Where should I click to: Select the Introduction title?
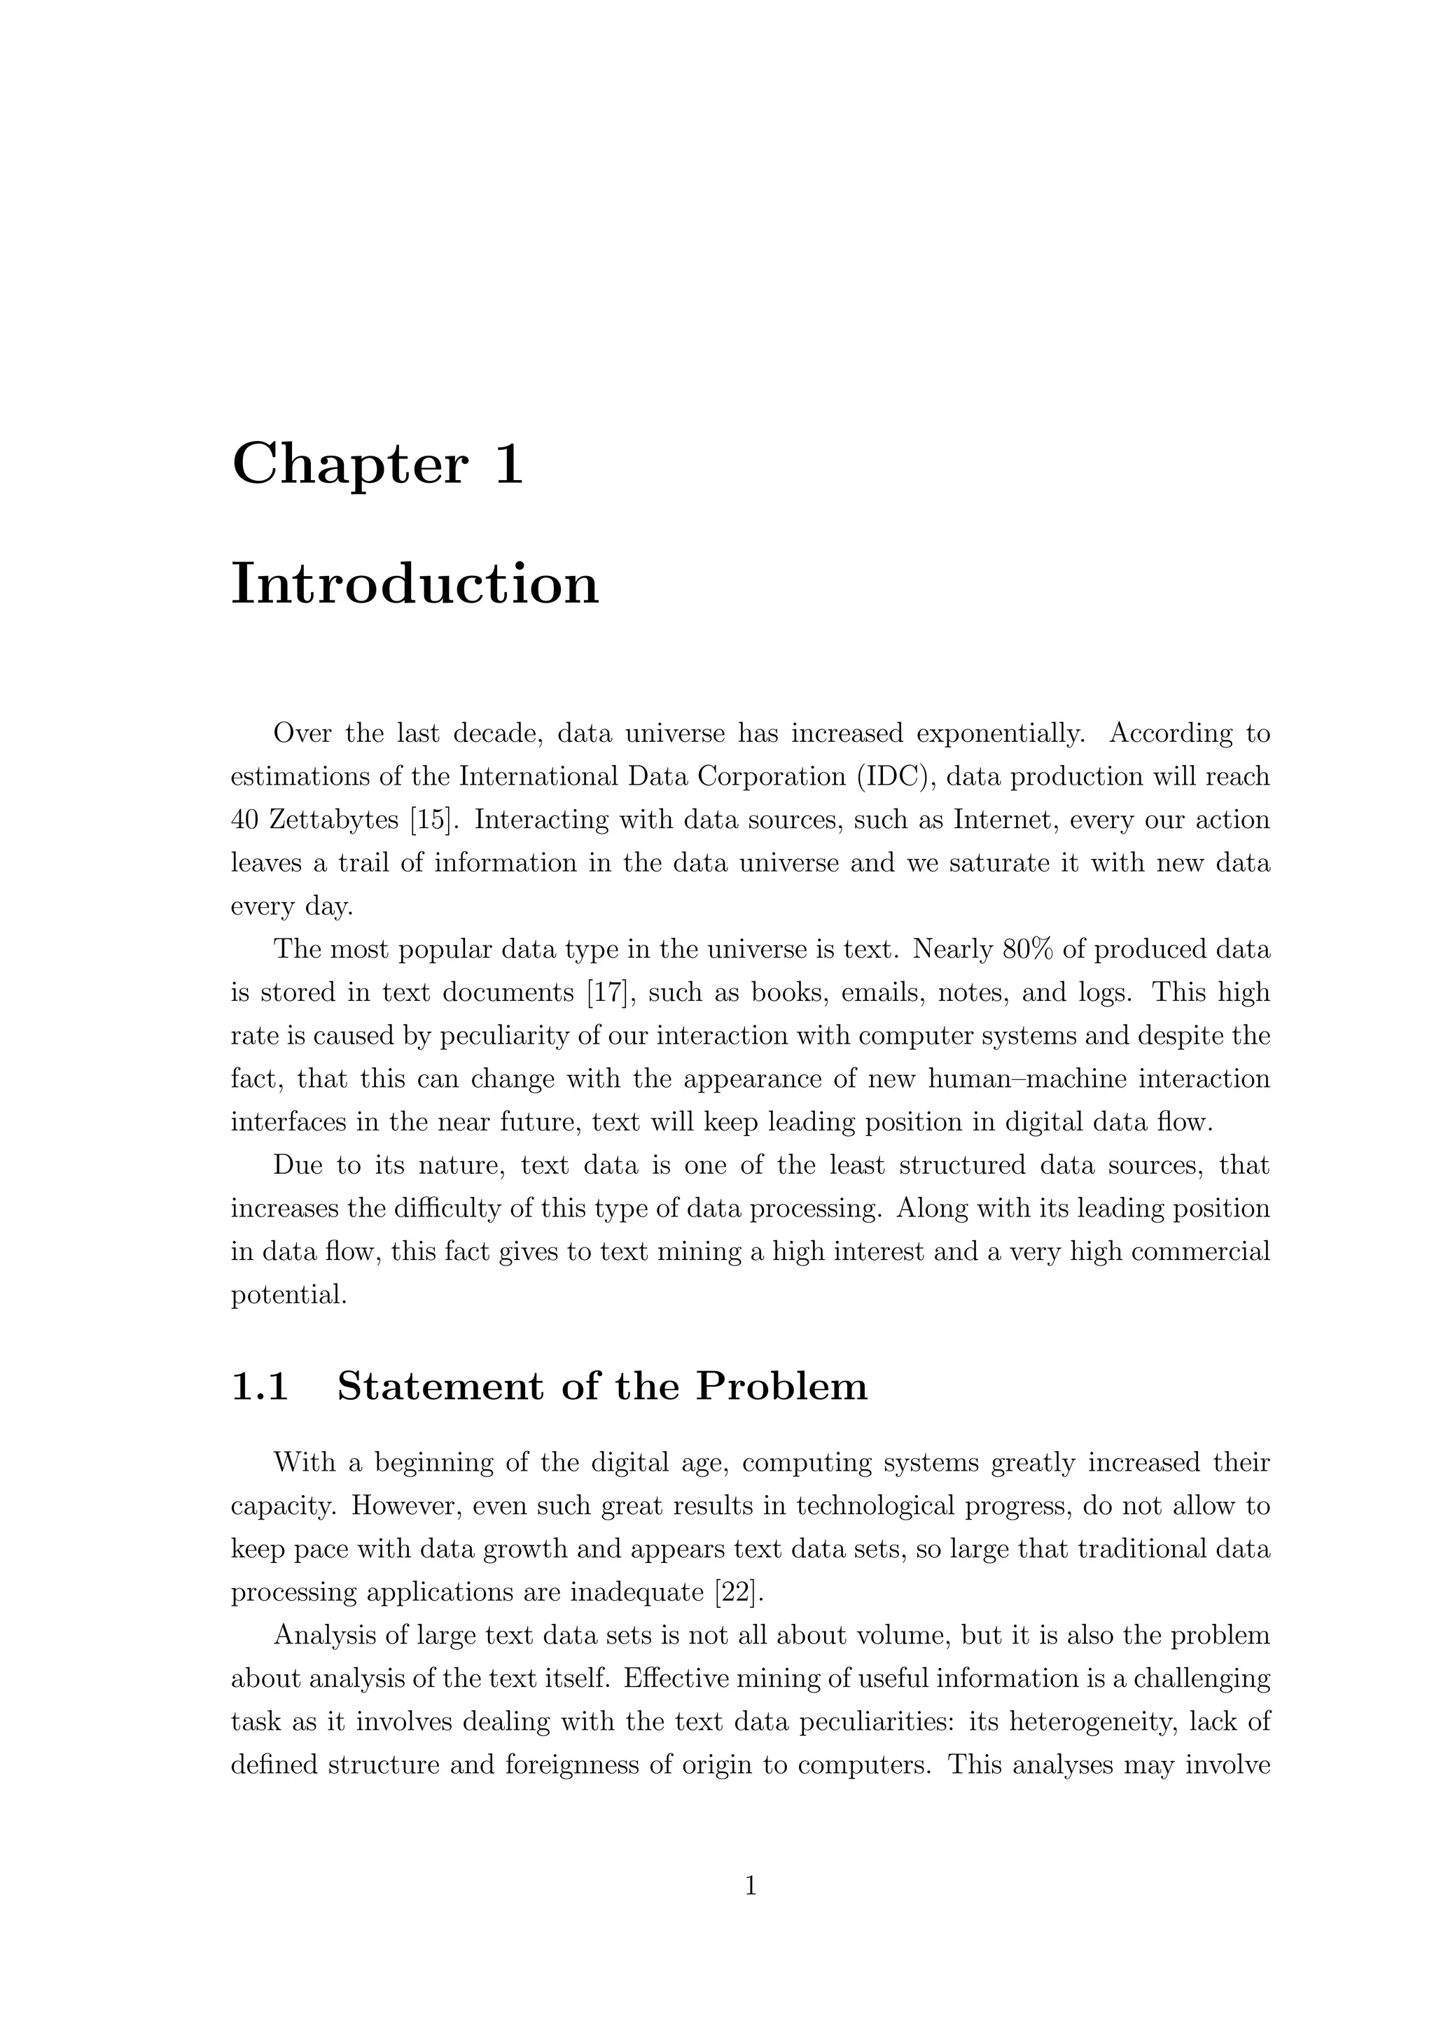tap(415, 584)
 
